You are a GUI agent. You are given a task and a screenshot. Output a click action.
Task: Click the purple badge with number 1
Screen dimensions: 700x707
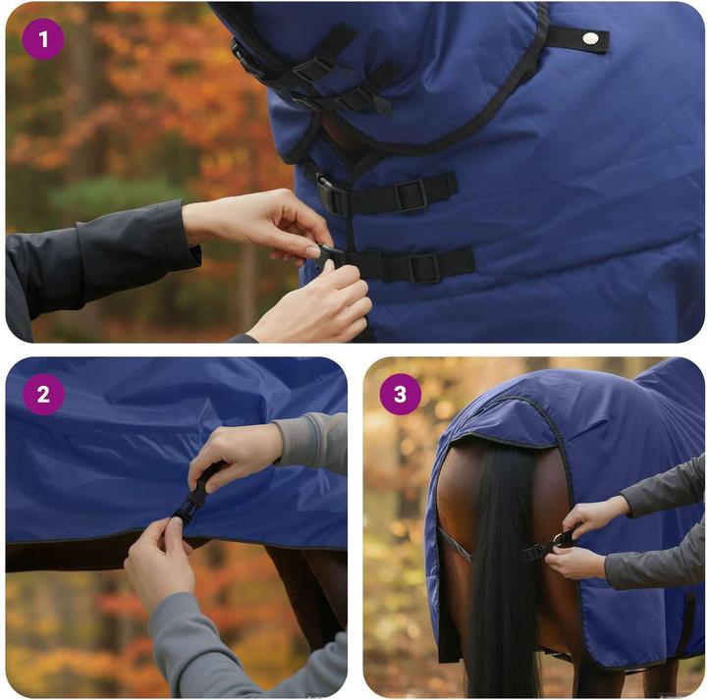(x=42, y=39)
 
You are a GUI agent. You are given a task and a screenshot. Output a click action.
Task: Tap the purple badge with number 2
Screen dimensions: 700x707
(x=42, y=395)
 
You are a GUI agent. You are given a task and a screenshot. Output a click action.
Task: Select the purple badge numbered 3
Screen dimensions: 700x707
(x=400, y=395)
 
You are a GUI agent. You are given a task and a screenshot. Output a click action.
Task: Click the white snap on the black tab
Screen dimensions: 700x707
(x=589, y=38)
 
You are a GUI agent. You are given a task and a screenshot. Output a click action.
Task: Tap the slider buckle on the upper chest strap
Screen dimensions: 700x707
(x=411, y=194)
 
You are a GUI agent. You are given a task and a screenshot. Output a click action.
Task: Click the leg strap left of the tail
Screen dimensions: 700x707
(x=454, y=545)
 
